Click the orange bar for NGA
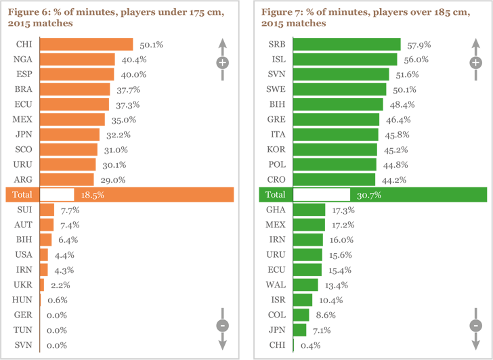click(x=77, y=60)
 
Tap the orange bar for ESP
click(x=77, y=74)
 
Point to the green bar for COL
click(x=301, y=315)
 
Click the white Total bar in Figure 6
click(x=57, y=194)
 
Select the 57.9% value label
click(x=419, y=45)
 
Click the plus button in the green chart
click(x=476, y=63)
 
